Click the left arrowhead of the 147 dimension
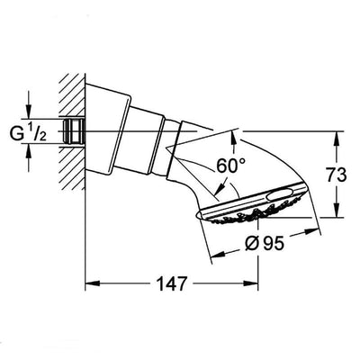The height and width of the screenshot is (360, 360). pyautogui.click(x=89, y=284)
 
